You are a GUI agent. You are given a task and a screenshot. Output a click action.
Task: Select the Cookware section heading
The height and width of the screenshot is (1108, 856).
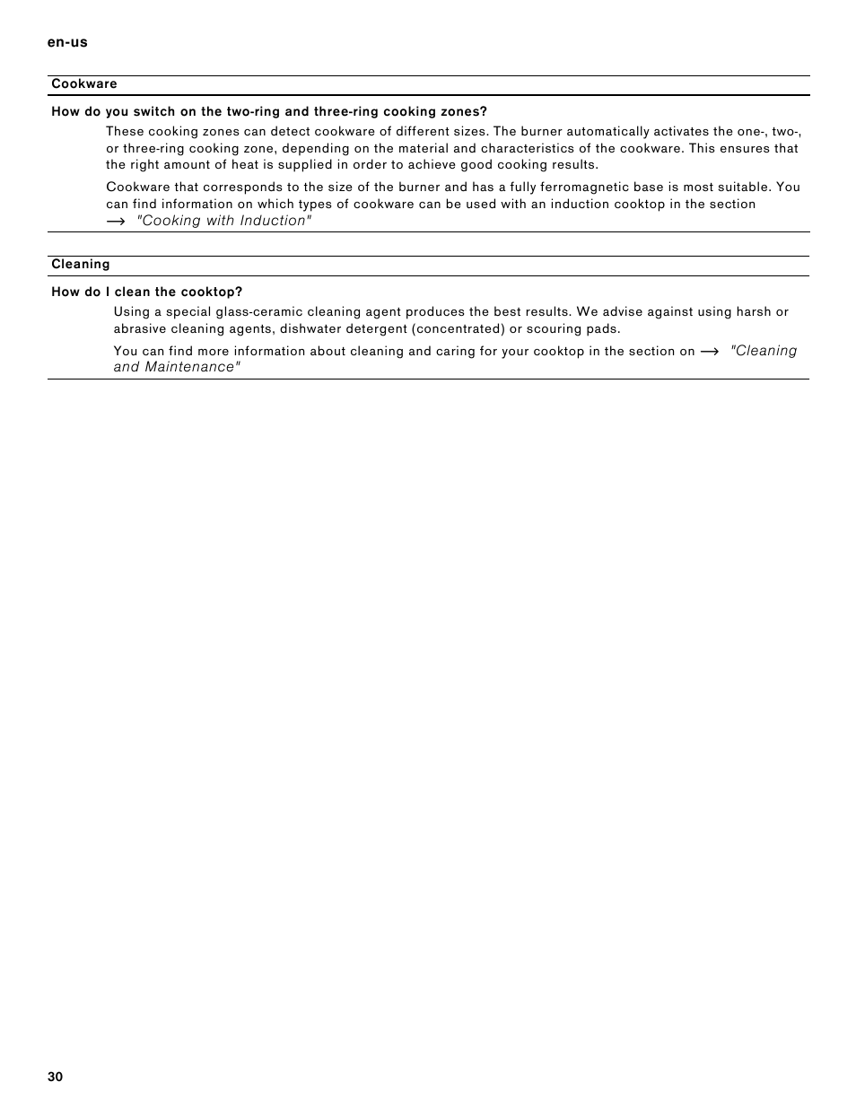(x=84, y=84)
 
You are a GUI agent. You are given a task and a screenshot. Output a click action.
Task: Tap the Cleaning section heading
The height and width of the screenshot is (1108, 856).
(x=81, y=265)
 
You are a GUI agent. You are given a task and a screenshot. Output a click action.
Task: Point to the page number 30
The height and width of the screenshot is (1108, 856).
(x=56, y=1077)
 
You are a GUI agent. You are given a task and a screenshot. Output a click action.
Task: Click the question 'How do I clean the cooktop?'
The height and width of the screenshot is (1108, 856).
(x=147, y=292)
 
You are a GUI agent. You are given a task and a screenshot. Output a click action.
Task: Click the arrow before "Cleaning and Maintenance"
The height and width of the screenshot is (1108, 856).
(x=710, y=352)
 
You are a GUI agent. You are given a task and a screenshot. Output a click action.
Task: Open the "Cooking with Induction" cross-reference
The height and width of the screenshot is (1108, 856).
(x=224, y=222)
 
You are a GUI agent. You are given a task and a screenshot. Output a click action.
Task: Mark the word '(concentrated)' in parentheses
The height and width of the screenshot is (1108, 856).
(x=459, y=329)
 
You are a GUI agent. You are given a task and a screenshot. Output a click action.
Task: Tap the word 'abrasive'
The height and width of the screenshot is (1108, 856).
(x=139, y=329)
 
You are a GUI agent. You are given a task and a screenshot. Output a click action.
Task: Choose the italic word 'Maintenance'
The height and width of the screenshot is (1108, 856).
(x=193, y=368)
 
